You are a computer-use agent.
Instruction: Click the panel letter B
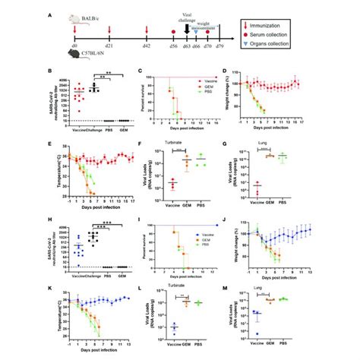[x=48, y=72]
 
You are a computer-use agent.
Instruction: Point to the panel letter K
[x=48, y=289]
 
